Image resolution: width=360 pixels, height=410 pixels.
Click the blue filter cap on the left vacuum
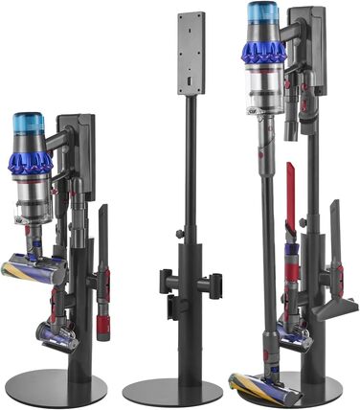click(x=29, y=125)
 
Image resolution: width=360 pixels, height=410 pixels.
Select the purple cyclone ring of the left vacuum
click(x=31, y=160)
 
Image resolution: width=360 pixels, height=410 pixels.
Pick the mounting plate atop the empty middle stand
click(x=191, y=53)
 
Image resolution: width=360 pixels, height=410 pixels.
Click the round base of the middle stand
click(x=172, y=390)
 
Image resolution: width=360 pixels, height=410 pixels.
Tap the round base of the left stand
click(x=56, y=386)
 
